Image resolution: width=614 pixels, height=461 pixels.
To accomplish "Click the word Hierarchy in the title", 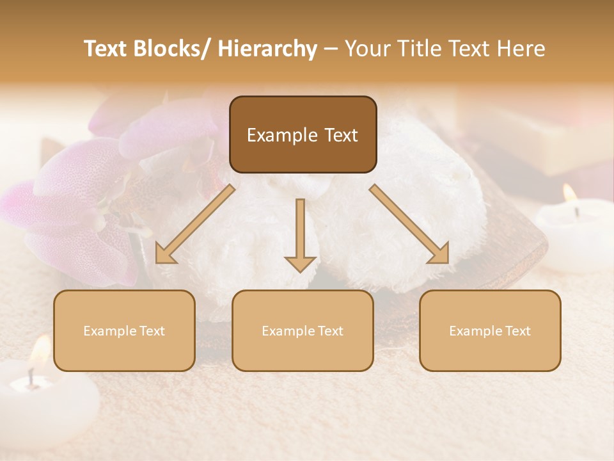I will coord(267,49).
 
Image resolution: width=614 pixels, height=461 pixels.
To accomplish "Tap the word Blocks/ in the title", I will coord(173,49).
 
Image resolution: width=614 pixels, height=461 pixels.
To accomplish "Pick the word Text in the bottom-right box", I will coord(517,331).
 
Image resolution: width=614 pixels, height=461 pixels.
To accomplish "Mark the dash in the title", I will coord(331,49).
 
